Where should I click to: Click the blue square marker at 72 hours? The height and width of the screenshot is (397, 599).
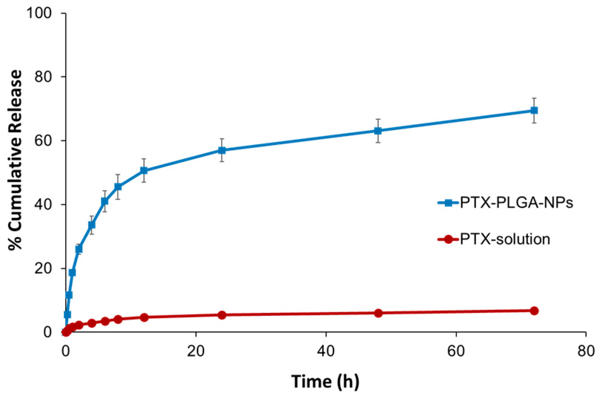(534, 110)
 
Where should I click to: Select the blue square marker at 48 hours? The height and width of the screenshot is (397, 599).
(378, 131)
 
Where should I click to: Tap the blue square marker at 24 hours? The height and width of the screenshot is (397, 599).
(222, 150)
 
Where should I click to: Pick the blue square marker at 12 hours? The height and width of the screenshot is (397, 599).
(144, 170)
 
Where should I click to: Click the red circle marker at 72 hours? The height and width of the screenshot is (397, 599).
(534, 311)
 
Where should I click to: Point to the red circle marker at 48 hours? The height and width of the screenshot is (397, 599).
(378, 313)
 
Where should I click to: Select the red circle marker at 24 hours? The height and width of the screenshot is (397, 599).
(222, 315)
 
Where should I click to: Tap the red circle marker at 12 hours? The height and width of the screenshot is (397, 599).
(144, 317)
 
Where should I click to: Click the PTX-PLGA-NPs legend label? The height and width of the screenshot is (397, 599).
(517, 203)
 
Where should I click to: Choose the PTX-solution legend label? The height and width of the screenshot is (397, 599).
(505, 239)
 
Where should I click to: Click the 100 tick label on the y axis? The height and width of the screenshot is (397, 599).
(39, 13)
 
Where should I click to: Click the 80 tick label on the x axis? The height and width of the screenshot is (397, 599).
(586, 351)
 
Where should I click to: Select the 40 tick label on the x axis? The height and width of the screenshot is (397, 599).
(326, 351)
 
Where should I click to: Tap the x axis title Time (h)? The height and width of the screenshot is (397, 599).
(325, 381)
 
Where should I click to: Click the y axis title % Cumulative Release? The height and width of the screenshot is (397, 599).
(16, 160)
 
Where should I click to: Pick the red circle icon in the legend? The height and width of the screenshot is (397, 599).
(448, 239)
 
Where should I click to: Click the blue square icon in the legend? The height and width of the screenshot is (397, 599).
(448, 203)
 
